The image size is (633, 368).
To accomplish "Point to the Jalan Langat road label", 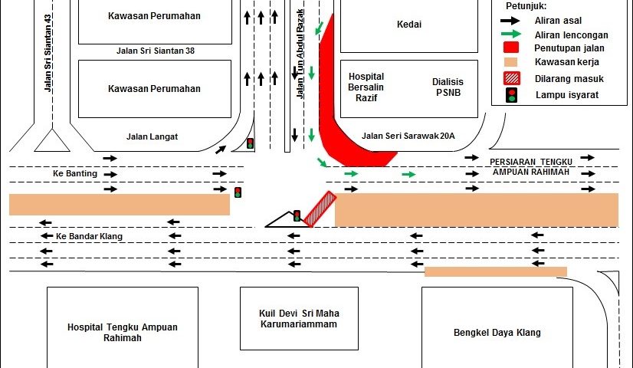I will tap(152, 136).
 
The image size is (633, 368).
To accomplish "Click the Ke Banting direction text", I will tap(75, 173).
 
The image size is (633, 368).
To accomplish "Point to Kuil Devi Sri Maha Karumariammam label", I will tap(300, 318).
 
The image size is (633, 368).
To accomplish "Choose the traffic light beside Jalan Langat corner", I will tap(250, 143).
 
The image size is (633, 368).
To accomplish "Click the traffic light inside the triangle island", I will tap(297, 216).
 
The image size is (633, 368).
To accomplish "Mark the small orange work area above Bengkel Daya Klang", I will tap(495, 271).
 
